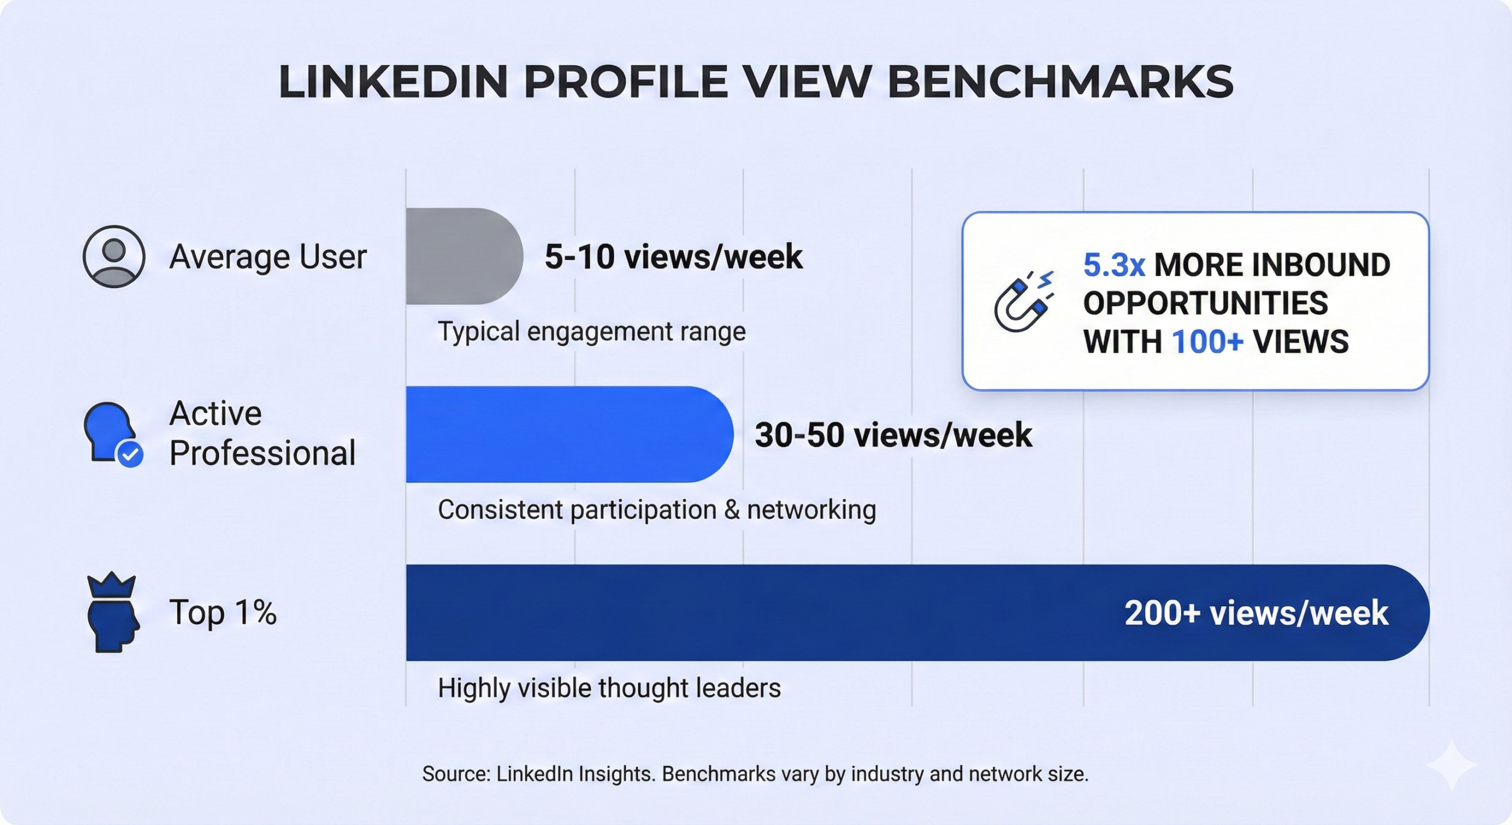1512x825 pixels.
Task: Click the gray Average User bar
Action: (464, 256)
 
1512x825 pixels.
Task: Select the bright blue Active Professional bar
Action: (569, 434)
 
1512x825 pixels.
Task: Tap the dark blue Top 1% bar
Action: (918, 612)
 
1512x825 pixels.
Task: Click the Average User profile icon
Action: (114, 256)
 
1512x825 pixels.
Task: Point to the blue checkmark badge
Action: (130, 454)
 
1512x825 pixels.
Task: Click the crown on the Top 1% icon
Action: (111, 585)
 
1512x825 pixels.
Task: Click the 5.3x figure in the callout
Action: (1114, 264)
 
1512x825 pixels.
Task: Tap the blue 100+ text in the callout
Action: (1207, 342)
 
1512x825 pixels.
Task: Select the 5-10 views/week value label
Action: (673, 256)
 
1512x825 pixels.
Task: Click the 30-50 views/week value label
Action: (894, 435)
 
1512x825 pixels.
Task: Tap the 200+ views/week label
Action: (1256, 613)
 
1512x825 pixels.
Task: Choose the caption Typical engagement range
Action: (592, 331)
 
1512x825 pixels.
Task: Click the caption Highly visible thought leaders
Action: (609, 688)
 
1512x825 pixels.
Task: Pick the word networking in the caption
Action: (812, 510)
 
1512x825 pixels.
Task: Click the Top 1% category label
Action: (223, 612)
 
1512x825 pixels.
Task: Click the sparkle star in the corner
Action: (1451, 765)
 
